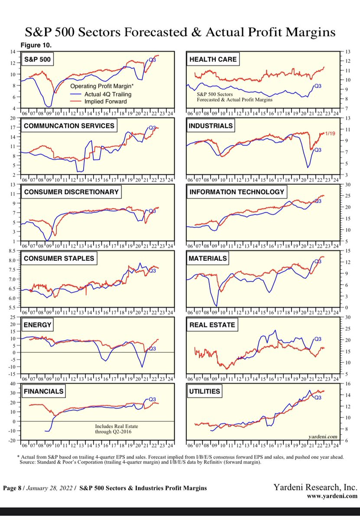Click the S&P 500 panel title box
(38, 59)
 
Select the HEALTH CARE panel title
(213, 59)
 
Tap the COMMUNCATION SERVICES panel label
(69, 126)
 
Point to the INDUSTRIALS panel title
(211, 126)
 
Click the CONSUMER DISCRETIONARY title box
(71, 192)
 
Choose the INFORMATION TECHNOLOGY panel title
(236, 192)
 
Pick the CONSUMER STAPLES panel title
(58, 259)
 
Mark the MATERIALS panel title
(208, 259)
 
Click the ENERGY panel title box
(38, 325)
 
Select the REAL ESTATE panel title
(212, 325)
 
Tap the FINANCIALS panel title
(43, 391)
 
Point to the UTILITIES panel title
(204, 391)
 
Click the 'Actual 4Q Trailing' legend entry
(107, 94)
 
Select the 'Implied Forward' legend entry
(105, 101)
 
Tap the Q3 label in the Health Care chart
(318, 86)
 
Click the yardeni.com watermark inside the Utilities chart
(323, 437)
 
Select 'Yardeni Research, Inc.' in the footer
(315, 487)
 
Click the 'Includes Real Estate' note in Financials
(116, 426)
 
